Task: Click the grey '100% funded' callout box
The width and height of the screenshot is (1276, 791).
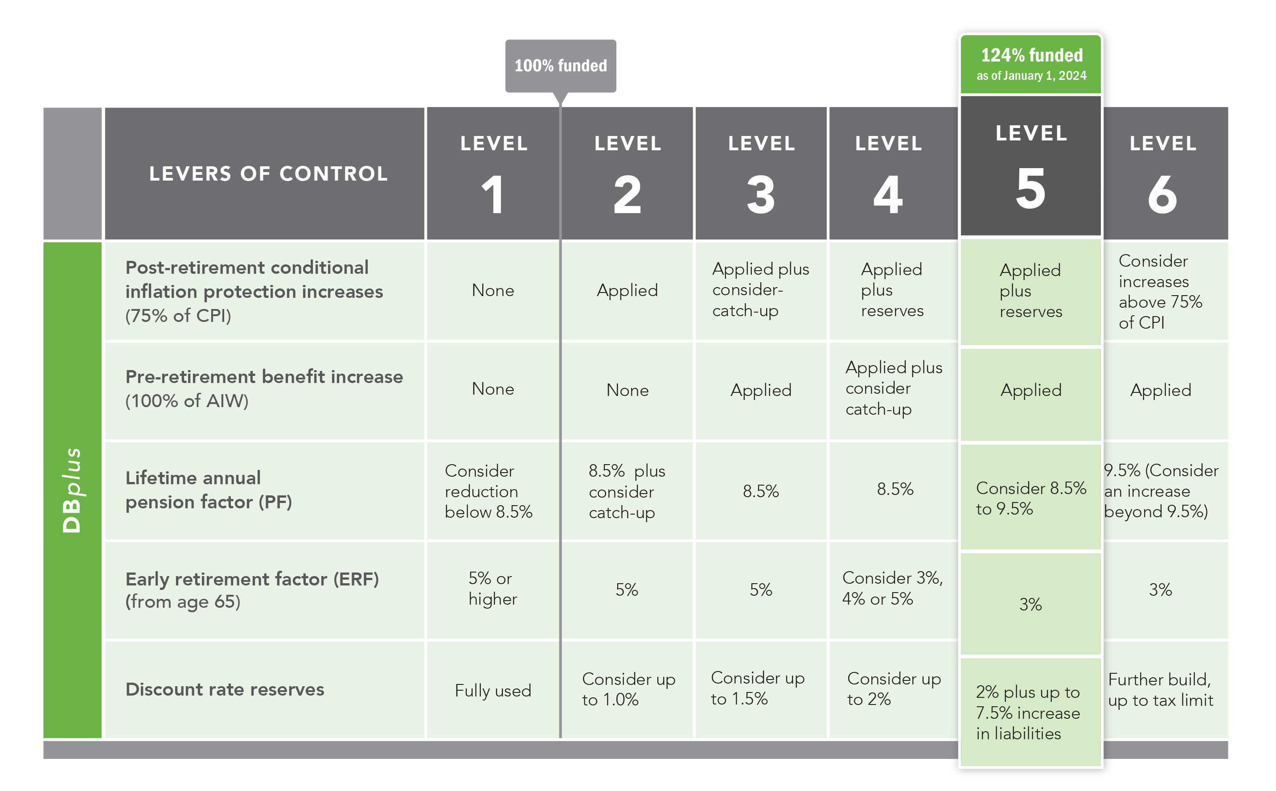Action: tap(560, 66)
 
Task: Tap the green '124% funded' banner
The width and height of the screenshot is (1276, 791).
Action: tap(1031, 64)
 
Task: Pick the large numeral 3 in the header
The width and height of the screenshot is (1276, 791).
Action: tap(760, 194)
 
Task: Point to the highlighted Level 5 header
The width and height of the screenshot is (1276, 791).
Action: tap(1031, 166)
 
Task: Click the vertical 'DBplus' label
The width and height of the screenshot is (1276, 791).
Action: tap(72, 490)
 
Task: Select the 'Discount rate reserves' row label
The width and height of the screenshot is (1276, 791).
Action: tap(225, 689)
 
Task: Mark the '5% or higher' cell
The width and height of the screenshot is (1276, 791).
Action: tap(493, 589)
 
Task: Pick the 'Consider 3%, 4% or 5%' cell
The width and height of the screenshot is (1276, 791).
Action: tap(893, 589)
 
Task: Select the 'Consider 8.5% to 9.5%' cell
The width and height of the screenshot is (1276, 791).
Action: tap(1031, 498)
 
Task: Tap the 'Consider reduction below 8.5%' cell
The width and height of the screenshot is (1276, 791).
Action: tap(493, 491)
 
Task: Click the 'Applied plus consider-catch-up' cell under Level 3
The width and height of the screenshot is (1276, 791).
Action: tap(761, 290)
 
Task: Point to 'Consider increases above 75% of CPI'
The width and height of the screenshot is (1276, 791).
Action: tap(1165, 291)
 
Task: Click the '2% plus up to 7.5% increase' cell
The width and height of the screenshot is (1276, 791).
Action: tap(1031, 712)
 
